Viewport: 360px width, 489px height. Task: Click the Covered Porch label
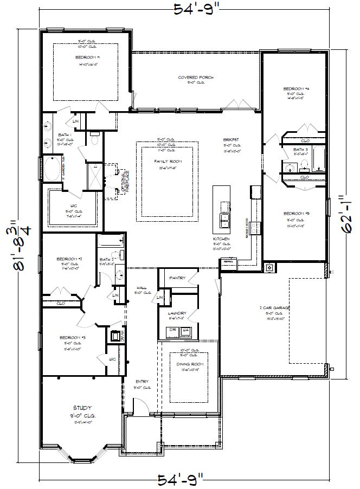(x=196, y=78)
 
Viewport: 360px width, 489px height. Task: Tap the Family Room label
(x=168, y=162)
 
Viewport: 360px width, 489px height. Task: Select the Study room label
(x=82, y=407)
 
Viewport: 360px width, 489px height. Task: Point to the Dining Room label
(x=189, y=364)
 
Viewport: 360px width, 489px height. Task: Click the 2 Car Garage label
(x=275, y=308)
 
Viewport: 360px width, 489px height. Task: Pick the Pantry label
(x=177, y=278)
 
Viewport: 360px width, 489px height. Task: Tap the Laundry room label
(x=177, y=313)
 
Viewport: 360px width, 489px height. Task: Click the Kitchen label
(x=221, y=239)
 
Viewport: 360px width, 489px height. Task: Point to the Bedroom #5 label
(x=296, y=214)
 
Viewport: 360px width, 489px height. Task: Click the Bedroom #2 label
(x=69, y=259)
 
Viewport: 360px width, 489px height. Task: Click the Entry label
(x=142, y=382)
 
